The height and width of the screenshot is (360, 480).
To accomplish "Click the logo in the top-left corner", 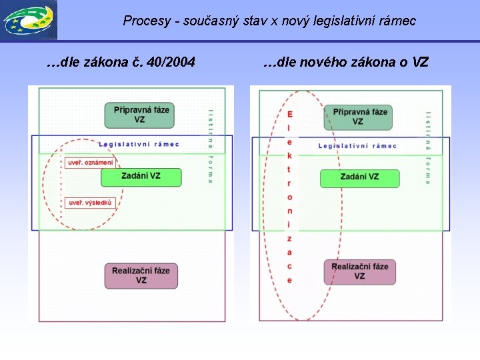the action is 29,20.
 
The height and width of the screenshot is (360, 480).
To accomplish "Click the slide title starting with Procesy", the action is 269,21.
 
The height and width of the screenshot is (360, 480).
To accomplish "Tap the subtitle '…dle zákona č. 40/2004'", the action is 121,63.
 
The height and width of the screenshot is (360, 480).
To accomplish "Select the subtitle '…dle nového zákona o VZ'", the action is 345,63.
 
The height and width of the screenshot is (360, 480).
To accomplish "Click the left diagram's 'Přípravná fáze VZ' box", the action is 139,115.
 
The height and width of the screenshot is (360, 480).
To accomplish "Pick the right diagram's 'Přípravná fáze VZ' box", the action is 359,116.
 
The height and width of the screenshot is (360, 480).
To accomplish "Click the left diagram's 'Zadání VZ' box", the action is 141,177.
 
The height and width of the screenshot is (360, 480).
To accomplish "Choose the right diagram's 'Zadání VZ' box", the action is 359,177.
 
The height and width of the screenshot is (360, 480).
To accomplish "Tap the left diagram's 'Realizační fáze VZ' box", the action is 141,275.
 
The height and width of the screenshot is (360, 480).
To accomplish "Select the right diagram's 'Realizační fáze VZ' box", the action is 359,271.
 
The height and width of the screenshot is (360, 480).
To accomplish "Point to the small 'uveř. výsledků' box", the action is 91,203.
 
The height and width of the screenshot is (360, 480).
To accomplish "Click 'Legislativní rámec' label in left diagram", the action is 139,145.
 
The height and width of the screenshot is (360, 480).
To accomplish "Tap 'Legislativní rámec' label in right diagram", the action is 357,146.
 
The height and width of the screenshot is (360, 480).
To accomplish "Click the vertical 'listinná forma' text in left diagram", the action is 211,146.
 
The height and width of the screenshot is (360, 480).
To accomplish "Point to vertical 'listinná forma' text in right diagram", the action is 427,147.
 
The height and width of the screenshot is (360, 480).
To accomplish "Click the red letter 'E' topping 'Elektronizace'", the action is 290,115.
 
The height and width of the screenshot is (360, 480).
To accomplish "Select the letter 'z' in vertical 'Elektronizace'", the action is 289,238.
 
